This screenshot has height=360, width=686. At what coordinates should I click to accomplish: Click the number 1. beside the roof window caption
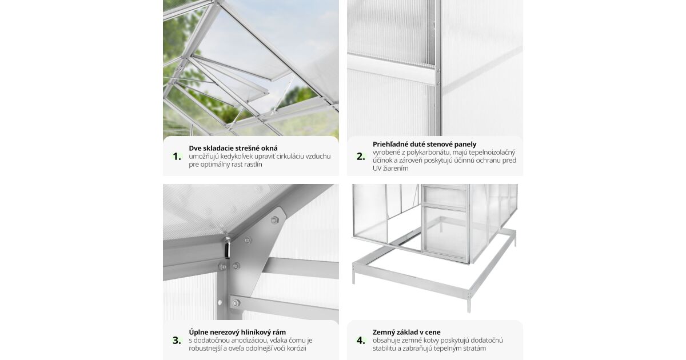[177, 157]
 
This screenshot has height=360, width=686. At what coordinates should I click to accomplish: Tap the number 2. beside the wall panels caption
[361, 157]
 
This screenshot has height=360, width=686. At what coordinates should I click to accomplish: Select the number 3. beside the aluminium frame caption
[177, 341]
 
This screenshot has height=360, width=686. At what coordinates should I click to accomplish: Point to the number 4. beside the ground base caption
[361, 341]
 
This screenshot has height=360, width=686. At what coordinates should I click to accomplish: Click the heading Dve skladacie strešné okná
[233, 148]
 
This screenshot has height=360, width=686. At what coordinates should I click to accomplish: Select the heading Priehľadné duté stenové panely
[424, 144]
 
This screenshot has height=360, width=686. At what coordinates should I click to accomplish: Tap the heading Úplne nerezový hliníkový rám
[237, 332]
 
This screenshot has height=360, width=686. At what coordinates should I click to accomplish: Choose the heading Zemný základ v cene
[406, 332]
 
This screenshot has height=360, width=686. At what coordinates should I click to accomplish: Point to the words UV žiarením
[390, 169]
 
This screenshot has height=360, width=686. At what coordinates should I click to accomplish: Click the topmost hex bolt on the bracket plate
[274, 220]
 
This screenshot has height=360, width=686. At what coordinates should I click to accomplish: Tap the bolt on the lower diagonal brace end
[236, 303]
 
